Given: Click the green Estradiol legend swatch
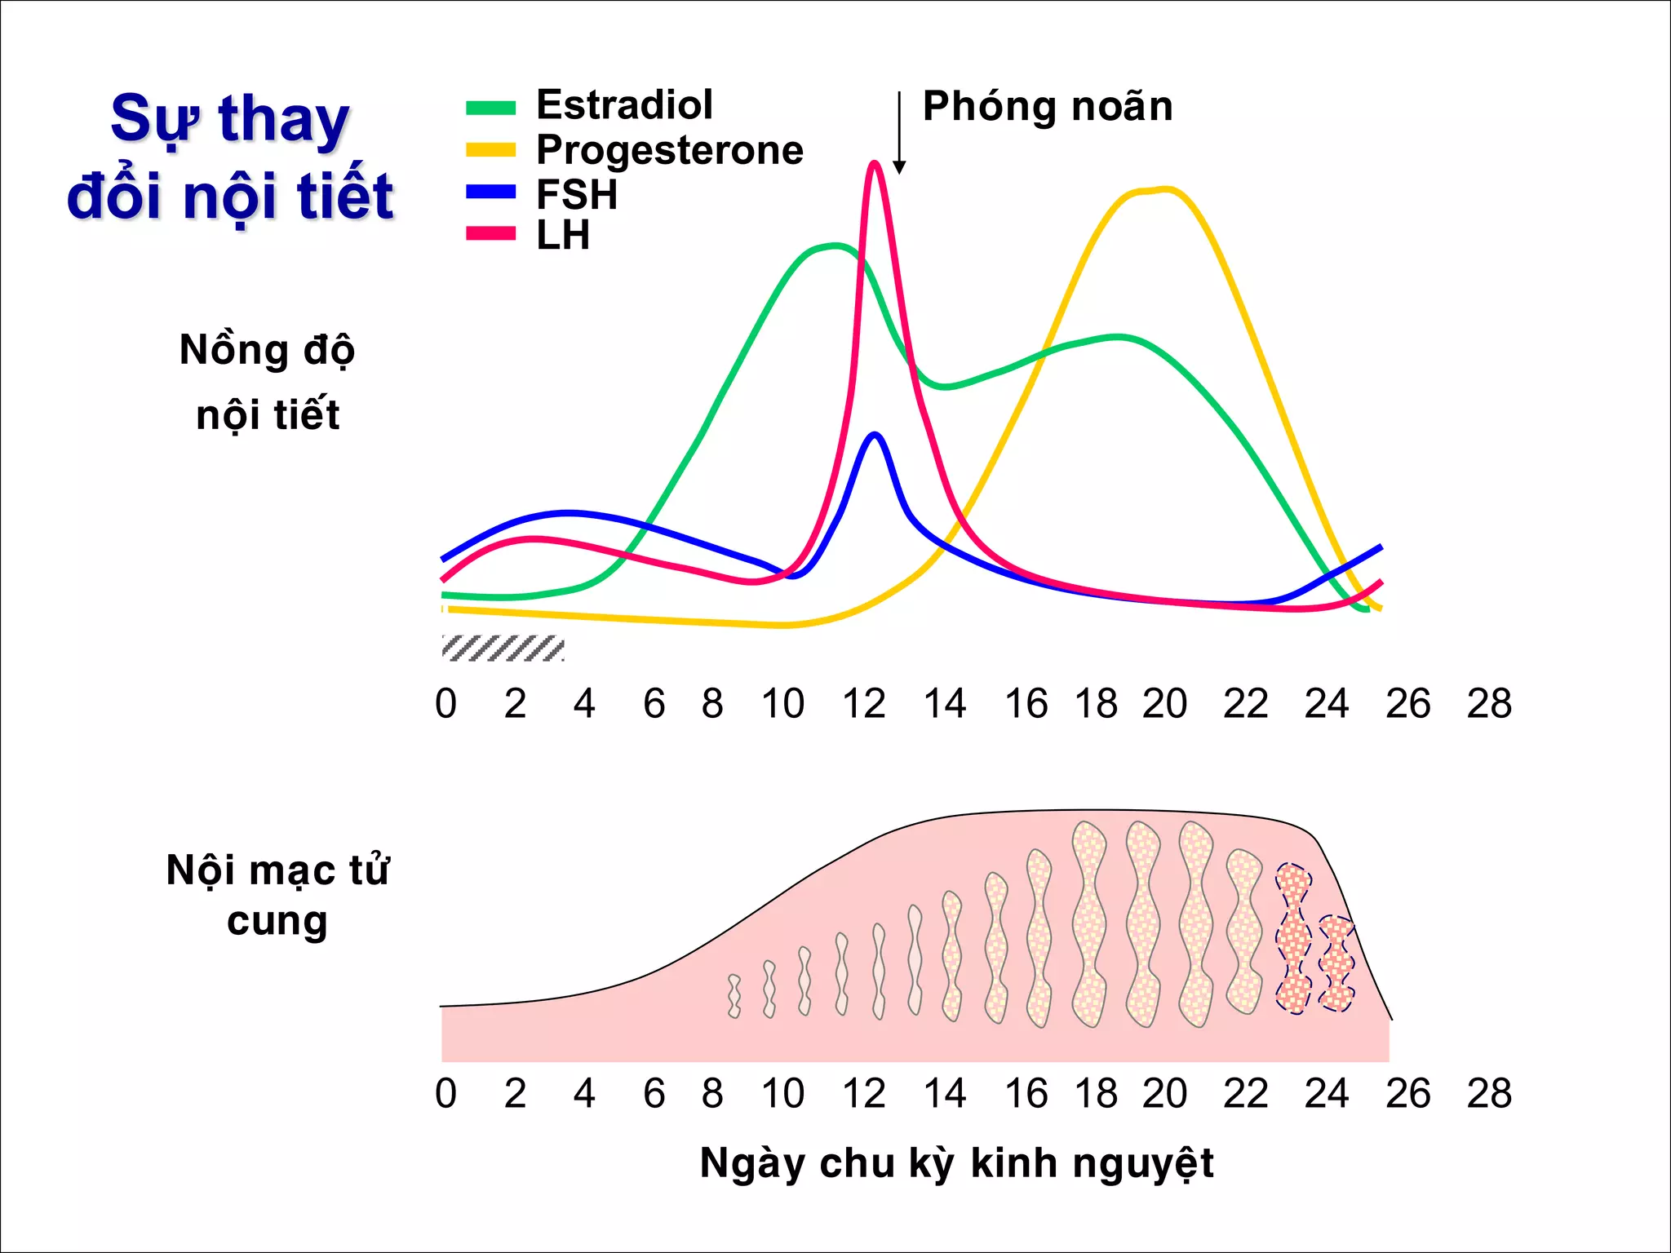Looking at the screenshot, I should [x=490, y=108].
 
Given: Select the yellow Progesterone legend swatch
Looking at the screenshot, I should [x=490, y=150].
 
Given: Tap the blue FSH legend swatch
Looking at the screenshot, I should [x=490, y=193].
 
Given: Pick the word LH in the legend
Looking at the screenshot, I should [x=562, y=236].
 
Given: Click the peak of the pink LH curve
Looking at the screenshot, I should [x=874, y=163].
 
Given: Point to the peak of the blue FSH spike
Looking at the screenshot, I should [x=875, y=435].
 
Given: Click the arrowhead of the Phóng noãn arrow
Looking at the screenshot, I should [x=899, y=168].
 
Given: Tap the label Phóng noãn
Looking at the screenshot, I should [x=1047, y=107].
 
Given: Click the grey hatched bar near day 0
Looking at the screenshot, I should [x=503, y=648].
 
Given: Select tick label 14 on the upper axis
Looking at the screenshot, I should [x=944, y=704].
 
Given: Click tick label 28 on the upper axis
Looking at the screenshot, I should [x=1488, y=704].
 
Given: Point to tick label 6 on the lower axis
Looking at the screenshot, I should [x=654, y=1094].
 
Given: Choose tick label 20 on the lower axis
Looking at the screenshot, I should [x=1164, y=1094].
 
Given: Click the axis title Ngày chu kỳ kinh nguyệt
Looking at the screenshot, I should [x=956, y=1163].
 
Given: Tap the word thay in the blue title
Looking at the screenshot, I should [x=283, y=121].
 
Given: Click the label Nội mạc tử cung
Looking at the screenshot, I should [x=277, y=895].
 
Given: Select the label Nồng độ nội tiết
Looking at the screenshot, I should [x=268, y=382].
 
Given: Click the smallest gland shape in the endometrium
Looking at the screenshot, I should [x=734, y=996].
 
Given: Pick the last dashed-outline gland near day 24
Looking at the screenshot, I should [x=1336, y=963].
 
